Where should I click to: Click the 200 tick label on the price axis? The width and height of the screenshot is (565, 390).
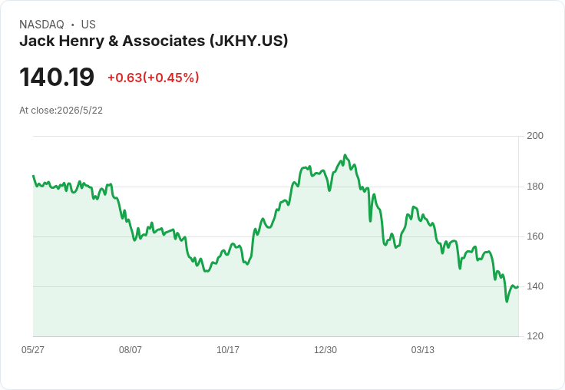[x=535, y=136]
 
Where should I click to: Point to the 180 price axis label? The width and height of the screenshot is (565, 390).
[x=535, y=187]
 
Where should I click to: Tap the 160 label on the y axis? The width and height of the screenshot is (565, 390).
[x=535, y=236]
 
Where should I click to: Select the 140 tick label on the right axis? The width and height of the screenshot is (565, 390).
[x=535, y=286]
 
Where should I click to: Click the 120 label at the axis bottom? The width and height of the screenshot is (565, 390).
[x=535, y=336]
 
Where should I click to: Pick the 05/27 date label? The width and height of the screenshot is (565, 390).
[x=33, y=349]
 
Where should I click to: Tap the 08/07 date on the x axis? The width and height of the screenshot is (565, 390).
[x=131, y=349]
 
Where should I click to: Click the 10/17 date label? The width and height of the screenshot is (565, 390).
[x=228, y=349]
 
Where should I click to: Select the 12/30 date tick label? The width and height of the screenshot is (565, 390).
[x=325, y=349]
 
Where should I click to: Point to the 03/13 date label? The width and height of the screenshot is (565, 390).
[x=423, y=349]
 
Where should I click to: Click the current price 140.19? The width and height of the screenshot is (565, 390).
[x=57, y=77]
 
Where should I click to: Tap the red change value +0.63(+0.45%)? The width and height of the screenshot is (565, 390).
[x=153, y=78]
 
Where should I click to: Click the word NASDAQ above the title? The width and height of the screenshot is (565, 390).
[x=41, y=25]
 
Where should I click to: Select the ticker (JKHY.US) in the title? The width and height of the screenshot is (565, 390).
[x=249, y=41]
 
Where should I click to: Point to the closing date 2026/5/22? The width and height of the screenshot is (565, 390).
[x=80, y=111]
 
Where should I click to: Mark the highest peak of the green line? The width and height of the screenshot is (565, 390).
[x=345, y=155]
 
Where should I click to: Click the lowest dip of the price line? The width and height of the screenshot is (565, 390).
[x=507, y=302]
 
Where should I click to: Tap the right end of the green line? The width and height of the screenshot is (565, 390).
[x=518, y=287]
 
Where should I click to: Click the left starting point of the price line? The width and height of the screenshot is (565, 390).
[x=33, y=176]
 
